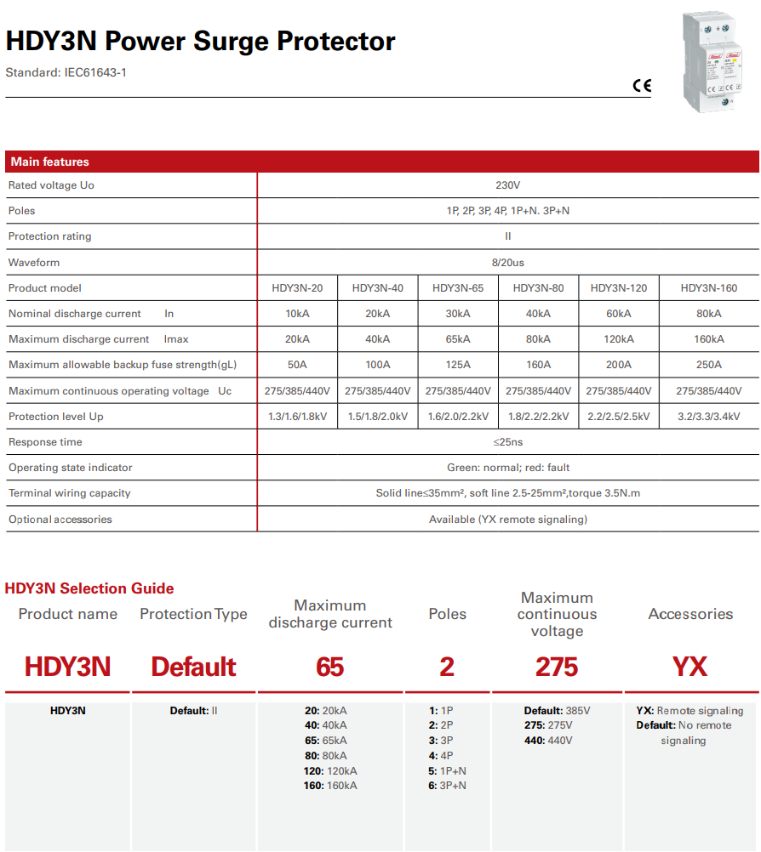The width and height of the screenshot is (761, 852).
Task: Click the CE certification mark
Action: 641,85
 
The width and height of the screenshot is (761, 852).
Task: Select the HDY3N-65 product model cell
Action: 458,288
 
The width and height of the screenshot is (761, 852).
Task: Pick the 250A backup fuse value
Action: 708,365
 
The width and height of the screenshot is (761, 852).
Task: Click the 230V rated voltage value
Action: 507,185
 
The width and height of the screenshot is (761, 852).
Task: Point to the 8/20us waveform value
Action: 507,263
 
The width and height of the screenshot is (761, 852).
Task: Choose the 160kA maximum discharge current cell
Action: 708,339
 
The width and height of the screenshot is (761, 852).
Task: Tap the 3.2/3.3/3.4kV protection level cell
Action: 708,417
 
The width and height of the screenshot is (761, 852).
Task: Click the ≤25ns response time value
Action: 507,442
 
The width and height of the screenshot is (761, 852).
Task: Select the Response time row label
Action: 45,442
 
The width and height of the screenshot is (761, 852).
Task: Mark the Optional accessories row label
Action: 60,519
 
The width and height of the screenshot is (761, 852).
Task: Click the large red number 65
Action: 329,667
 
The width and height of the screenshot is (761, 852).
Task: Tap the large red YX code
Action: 689,667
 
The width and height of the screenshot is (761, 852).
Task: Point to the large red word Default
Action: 193,667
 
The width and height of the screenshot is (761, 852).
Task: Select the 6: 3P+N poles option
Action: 448,786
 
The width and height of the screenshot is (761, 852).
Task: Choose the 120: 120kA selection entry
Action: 330,771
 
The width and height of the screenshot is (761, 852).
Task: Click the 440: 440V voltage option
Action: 548,741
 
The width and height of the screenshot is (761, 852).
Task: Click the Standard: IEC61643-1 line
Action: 66,73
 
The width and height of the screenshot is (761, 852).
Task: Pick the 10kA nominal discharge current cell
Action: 297,314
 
